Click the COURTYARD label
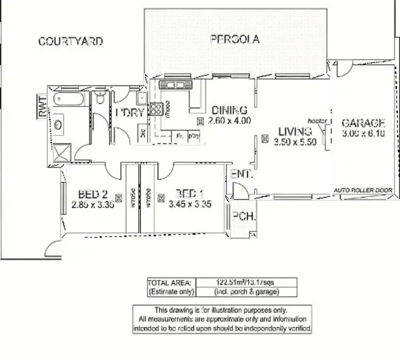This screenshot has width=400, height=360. pos(70,42)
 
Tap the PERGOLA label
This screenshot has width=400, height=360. pos(235,39)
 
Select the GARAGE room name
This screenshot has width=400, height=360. pos(363,123)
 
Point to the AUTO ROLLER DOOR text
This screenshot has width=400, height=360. pos(363,190)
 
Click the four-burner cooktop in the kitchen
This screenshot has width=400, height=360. pos(156,109)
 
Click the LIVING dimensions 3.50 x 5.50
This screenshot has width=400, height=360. pos(295,142)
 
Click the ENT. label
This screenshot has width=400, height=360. pos(242,174)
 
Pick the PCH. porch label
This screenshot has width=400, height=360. pos(244,217)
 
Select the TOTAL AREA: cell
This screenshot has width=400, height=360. pos(170,282)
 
